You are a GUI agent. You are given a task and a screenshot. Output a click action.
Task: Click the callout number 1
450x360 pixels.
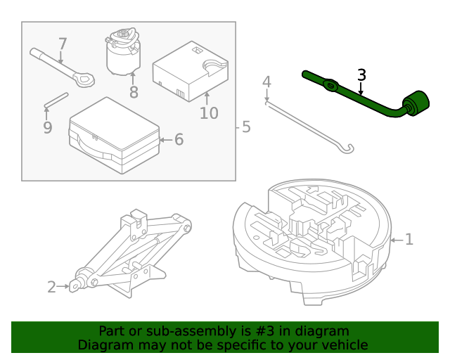tap(409, 240)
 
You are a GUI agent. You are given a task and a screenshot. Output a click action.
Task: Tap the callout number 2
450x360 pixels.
tap(51, 286)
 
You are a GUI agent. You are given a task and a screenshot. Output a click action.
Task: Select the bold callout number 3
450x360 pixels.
tap(361, 75)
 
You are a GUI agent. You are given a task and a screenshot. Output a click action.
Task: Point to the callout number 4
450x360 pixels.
tap(266, 83)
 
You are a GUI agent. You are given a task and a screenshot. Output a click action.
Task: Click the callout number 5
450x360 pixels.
tap(245, 127)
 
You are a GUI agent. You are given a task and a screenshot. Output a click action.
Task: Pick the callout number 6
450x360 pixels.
tap(179, 139)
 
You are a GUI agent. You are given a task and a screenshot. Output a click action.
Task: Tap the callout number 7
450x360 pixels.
tap(62, 44)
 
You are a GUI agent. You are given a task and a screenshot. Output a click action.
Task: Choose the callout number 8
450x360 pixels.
tap(134, 92)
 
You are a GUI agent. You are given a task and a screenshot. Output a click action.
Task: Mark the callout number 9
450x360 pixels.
tap(47, 127)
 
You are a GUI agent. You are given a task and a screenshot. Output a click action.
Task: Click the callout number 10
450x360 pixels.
tap(209, 112)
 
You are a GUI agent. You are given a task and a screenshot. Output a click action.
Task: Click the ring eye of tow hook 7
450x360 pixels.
tap(84, 80)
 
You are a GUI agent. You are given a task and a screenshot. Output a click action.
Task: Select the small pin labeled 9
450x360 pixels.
tap(56, 100)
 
